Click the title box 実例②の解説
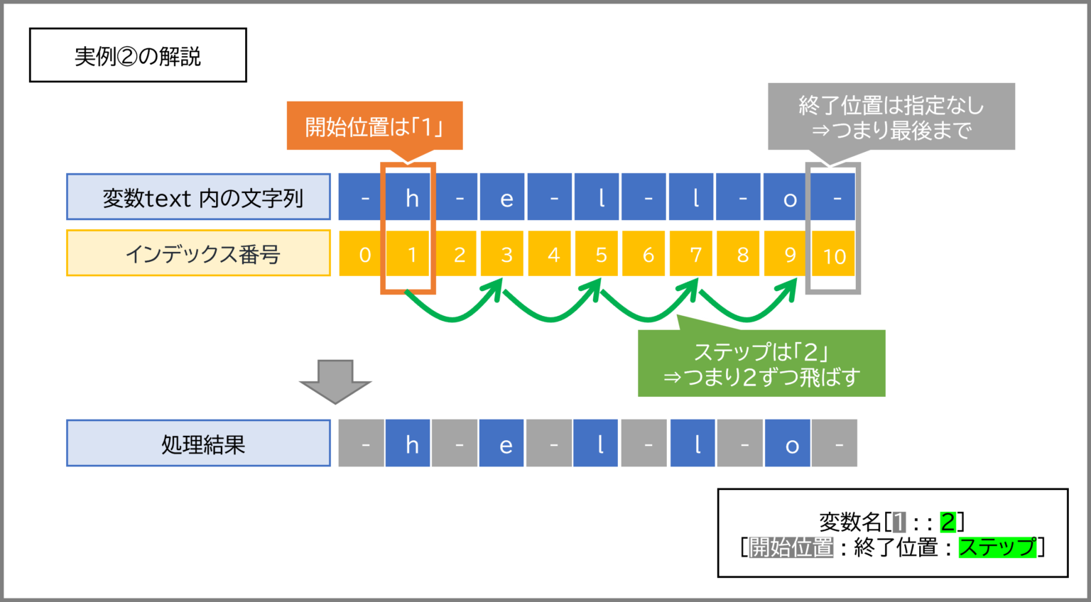[138, 55]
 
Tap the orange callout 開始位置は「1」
[374, 126]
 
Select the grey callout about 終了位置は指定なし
[891, 117]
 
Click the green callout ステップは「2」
[761, 363]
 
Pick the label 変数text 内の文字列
[198, 197]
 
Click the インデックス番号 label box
[198, 253]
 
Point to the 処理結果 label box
[198, 443]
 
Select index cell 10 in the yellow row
[833, 253]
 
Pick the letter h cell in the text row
[408, 197]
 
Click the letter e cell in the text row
[502, 197]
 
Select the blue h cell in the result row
[408, 443]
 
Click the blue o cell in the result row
[788, 443]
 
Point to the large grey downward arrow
[335, 382]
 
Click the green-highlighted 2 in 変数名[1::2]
[948, 522]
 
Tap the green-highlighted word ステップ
[997, 547]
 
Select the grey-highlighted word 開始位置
[791, 547]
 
